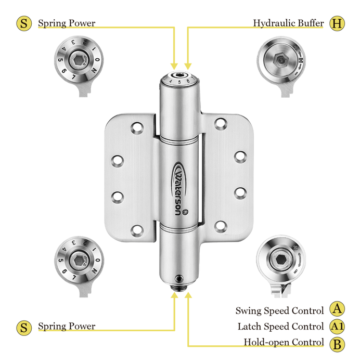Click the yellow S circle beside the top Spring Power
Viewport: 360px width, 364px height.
pos(24,23)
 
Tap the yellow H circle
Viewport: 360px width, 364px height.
pos(338,23)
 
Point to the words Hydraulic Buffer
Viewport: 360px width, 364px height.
pos(288,23)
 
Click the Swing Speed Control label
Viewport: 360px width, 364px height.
pos(280,311)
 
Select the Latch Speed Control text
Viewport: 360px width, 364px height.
pos(280,327)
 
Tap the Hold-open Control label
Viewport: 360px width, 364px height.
pos(284,343)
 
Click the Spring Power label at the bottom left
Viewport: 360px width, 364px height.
pos(67,327)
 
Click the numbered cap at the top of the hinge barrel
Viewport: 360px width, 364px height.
pos(179,80)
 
